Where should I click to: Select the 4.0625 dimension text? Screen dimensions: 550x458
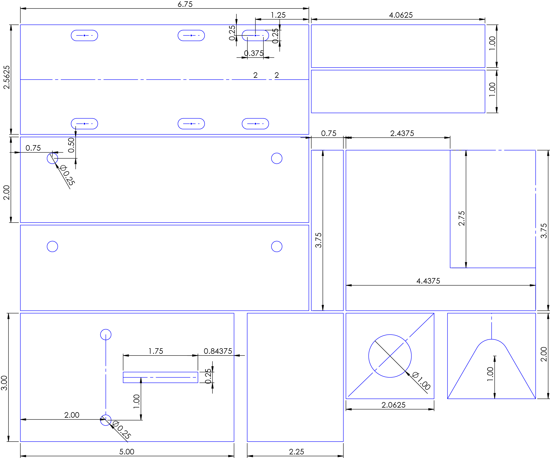click(x=401, y=15)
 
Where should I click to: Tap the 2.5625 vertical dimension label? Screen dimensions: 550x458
click(x=6, y=77)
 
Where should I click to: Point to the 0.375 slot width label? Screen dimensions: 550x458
click(x=254, y=53)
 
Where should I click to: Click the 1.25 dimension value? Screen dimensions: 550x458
click(x=278, y=15)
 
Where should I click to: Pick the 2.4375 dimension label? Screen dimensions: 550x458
click(x=402, y=133)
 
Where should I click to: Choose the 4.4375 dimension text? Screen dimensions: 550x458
click(x=428, y=281)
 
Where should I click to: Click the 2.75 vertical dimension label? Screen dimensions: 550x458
click(x=461, y=218)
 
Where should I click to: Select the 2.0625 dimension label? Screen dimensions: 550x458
click(x=393, y=405)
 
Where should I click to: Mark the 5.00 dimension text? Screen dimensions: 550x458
click(x=127, y=452)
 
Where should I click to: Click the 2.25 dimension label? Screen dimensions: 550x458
click(x=297, y=452)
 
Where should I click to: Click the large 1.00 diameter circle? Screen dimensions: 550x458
click(x=390, y=335)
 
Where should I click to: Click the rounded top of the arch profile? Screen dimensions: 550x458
click(x=492, y=340)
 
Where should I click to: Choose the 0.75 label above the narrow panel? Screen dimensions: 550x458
click(x=329, y=133)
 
